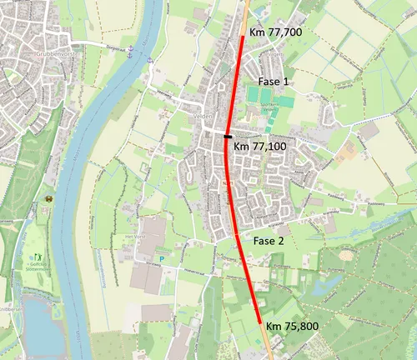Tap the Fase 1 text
click(273, 82)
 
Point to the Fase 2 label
click(269, 240)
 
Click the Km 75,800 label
click(294, 325)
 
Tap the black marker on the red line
click(228, 134)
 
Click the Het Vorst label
click(136, 236)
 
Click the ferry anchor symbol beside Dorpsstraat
click(149, 59)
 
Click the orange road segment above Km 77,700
click(247, 12)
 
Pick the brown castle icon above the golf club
click(48, 199)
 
